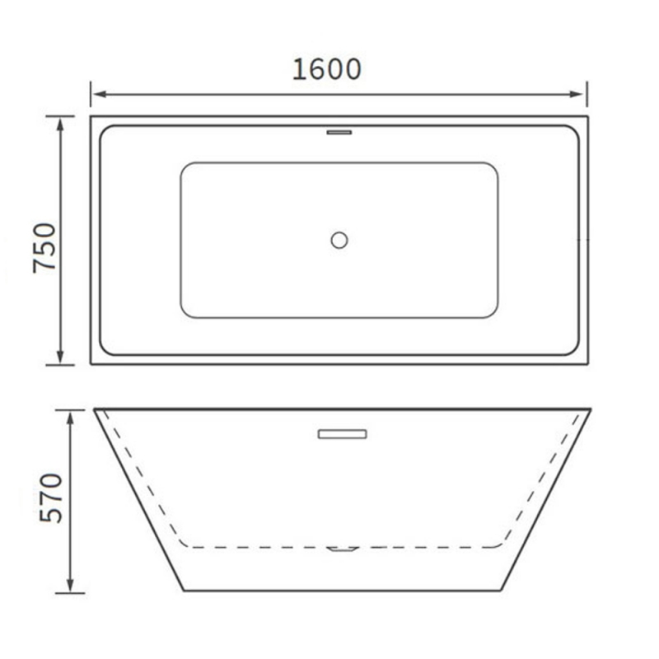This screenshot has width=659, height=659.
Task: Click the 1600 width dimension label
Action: pos(327,69)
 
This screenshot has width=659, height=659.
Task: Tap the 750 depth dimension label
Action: pos(45,248)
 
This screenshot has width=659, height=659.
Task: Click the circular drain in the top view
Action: pos(339,240)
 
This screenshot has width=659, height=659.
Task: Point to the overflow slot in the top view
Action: pos(339,130)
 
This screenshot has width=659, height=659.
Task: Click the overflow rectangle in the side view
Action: pos(342,433)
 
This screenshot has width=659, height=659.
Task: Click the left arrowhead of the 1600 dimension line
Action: pos(96,94)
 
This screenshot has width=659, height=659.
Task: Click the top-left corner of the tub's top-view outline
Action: pos(91,117)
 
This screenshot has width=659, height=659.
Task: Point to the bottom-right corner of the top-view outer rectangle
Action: pos(587,363)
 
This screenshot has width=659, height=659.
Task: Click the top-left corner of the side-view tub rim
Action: pos(94,409)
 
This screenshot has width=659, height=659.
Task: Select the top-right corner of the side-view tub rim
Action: pos(591,409)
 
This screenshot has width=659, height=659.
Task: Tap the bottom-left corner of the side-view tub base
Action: pos(183,590)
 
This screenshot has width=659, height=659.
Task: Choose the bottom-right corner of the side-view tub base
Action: pos(501,590)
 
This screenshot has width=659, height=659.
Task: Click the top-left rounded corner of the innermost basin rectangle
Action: pos(185,166)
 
